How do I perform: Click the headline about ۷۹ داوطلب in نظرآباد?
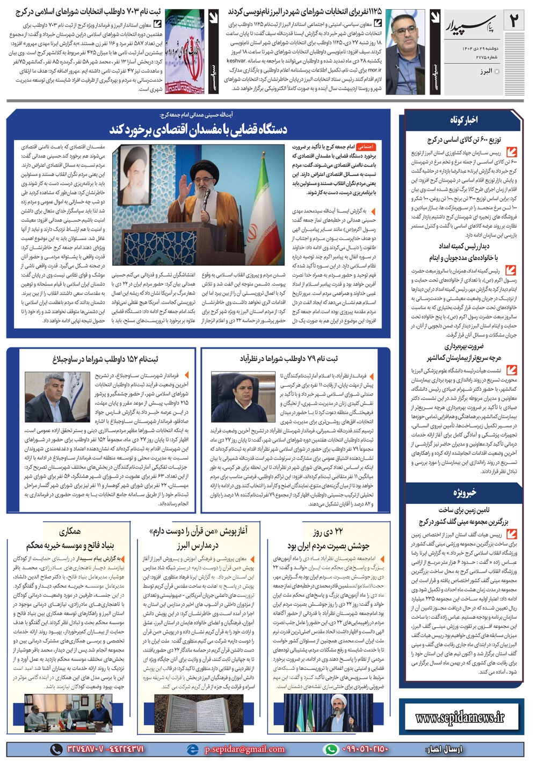point(289,359)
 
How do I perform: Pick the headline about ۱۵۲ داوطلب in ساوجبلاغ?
point(105,359)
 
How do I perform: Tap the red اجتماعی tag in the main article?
point(366,146)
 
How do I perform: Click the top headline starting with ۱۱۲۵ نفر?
point(304,11)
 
